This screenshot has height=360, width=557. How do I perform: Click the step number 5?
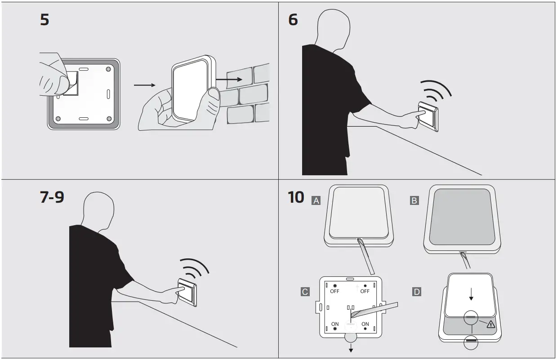click(x=45, y=20)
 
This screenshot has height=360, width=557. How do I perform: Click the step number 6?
click(x=293, y=20)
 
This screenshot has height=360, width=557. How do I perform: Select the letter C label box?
click(x=305, y=292)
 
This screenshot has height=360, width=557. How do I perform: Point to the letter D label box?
click(x=417, y=292)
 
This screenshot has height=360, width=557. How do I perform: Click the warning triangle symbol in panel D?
click(x=490, y=324)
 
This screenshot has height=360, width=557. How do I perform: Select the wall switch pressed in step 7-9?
click(x=188, y=291)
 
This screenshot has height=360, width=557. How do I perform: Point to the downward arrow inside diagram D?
click(x=471, y=295)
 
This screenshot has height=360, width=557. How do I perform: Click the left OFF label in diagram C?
click(x=335, y=291)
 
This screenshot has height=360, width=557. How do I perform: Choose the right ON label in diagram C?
click(x=365, y=324)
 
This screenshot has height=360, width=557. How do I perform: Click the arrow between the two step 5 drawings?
click(x=145, y=84)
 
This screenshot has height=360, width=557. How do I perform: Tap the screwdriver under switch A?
click(x=366, y=256)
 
